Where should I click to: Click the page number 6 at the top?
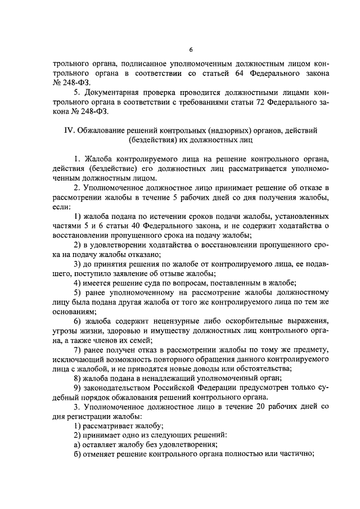190,49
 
